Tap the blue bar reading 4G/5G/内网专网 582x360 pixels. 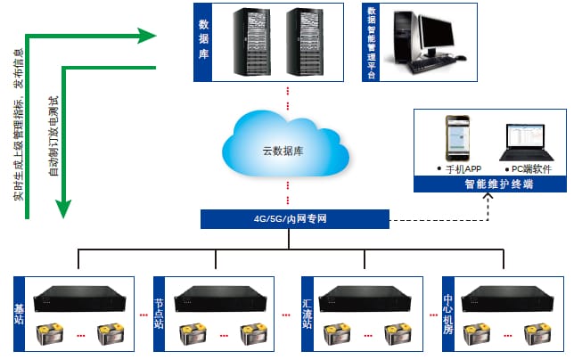294,218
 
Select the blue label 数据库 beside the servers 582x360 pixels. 203,42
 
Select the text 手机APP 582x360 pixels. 460,168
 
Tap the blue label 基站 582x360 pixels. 20,315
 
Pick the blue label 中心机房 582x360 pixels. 449,315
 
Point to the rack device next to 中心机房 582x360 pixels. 509,298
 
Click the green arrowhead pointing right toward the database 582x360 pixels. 146,36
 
